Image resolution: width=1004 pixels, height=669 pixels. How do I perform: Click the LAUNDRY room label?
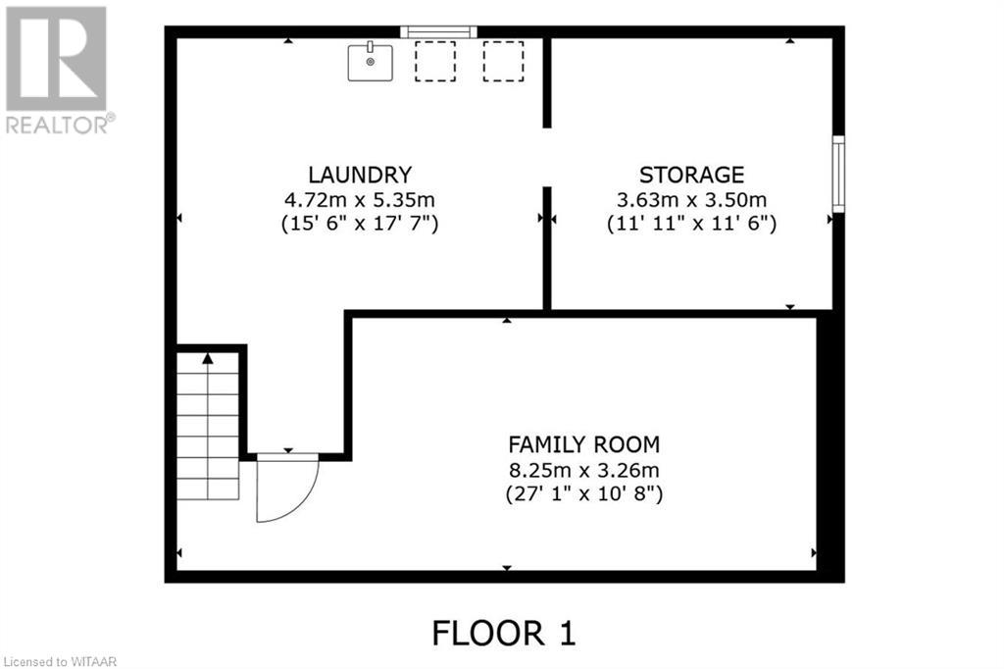click(359, 175)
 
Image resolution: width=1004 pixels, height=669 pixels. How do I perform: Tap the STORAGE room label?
click(691, 175)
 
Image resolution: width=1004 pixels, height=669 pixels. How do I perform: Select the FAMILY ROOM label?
click(583, 443)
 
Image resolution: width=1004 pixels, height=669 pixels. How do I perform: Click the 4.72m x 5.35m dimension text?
click(359, 199)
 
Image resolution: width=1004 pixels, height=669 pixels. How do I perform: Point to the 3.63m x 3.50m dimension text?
click(691, 199)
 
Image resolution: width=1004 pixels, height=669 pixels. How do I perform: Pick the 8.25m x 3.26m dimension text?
click(583, 468)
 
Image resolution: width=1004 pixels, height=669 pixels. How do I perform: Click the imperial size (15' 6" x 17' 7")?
click(359, 224)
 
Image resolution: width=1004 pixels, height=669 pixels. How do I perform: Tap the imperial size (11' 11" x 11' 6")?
click(691, 224)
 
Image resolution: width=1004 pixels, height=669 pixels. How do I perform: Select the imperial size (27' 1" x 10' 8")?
click(583, 493)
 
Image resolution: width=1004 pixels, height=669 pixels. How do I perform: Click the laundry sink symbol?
click(371, 62)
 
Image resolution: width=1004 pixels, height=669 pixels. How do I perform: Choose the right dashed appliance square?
click(502, 61)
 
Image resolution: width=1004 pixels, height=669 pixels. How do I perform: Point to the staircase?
click(208, 427)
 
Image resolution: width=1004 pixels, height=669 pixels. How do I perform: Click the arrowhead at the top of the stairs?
click(208, 359)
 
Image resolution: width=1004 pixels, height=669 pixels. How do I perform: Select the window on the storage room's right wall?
click(838, 175)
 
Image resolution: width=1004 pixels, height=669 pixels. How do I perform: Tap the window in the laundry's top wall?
click(439, 32)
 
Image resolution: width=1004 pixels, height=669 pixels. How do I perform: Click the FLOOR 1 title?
click(504, 633)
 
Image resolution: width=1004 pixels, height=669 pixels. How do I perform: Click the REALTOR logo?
click(58, 69)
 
